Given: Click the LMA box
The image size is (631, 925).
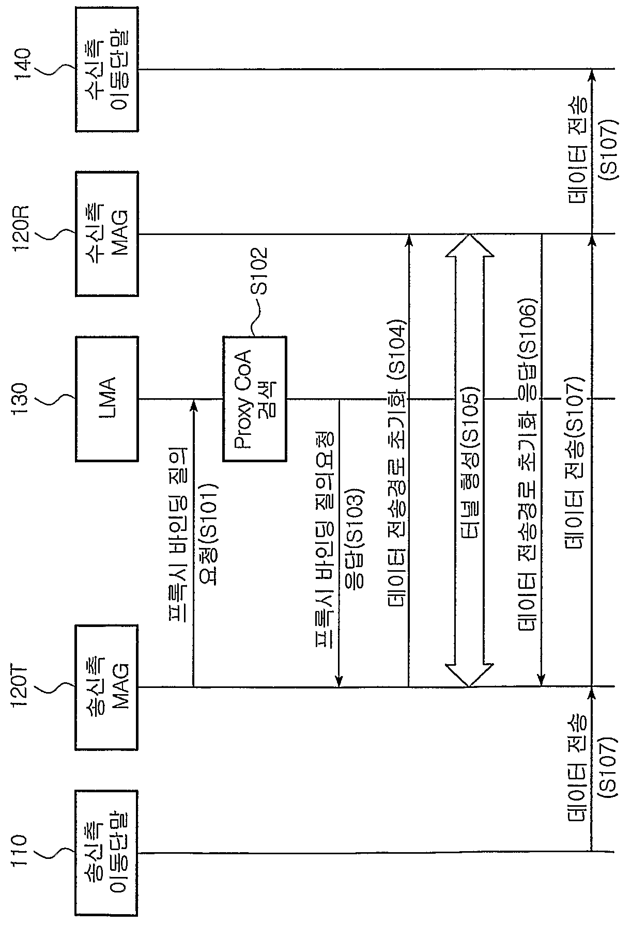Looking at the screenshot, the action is point(107,398).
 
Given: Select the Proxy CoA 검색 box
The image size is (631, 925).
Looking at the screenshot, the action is point(254,398).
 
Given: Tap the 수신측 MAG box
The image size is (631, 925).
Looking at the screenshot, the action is point(107,233).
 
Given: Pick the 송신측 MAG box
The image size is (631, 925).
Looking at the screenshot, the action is point(107,687).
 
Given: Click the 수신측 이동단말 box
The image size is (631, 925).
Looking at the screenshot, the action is point(107,69).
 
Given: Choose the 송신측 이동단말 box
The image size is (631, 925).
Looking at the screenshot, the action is point(107,852).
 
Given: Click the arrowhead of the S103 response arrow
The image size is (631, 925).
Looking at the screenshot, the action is point(338,680).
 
